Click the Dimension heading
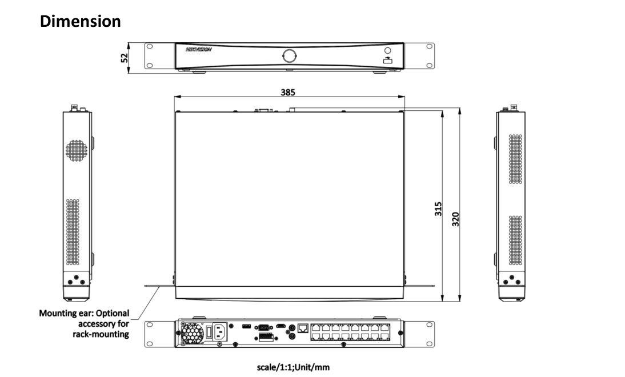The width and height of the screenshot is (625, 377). pos(81,22)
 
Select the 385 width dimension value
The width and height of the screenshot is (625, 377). pos(288,92)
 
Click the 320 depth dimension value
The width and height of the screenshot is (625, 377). pos(456,218)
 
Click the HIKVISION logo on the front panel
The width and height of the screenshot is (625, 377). pos(199,50)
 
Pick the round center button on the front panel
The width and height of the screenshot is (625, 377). pos(289,56)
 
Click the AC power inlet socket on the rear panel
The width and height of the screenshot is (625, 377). pos(221,332)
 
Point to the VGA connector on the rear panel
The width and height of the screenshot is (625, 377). pos(264,327)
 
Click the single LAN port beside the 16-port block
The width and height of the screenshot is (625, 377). pos(302,328)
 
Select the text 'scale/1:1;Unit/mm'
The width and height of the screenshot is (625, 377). pos(294,367)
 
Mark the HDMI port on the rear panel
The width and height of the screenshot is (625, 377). pos(281,326)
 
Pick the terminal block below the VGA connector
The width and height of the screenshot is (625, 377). pos(265,338)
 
